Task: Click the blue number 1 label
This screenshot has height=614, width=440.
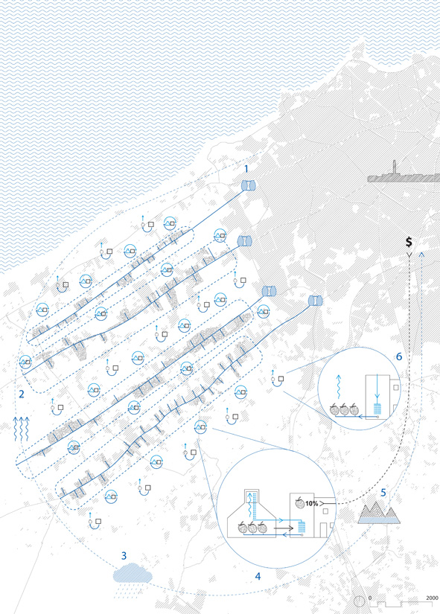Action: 246,169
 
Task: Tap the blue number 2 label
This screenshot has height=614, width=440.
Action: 22,394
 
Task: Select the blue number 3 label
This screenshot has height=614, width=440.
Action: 124,556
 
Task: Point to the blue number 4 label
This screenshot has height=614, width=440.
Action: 258,576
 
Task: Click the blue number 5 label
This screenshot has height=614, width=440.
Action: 383,493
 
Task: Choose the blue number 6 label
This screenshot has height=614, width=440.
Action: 399,356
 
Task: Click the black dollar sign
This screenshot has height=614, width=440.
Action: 409,242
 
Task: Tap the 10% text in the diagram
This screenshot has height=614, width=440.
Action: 311,504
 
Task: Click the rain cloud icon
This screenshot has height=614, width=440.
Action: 133,575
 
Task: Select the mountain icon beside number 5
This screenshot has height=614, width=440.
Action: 379,513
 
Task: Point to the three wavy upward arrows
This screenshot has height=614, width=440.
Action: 21,429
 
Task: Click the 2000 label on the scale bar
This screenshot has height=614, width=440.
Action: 432,598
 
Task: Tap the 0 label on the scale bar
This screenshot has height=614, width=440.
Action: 370,598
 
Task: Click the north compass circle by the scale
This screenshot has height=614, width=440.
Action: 360,601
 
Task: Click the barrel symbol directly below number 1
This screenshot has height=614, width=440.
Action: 248,185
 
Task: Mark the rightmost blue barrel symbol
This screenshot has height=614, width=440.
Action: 316,301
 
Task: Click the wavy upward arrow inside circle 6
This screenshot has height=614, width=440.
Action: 339,387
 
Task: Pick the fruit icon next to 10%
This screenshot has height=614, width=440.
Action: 299,503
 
